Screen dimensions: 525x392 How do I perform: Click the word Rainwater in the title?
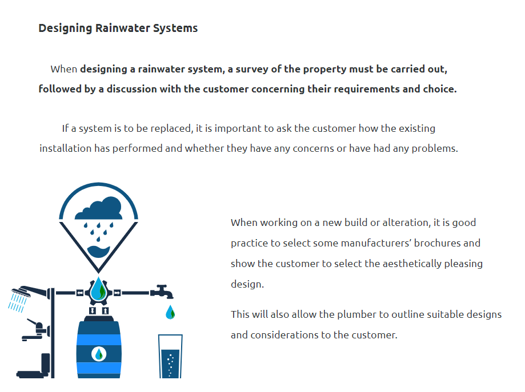122,28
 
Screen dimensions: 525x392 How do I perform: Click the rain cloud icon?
98,208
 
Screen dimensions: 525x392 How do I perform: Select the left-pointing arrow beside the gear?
79,293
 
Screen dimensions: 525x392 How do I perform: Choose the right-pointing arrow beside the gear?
117,293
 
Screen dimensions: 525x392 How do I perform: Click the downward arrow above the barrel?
93,311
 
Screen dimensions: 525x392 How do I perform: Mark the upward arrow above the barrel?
105,311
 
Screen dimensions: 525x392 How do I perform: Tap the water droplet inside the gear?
98,290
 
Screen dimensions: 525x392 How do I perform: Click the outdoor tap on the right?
162,292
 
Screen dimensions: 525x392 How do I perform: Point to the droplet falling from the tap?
170,312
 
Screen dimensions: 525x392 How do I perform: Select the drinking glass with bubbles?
170,357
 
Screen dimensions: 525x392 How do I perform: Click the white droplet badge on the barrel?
99,354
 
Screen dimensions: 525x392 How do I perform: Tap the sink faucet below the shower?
35,330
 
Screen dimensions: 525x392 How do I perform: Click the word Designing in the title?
65,29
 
